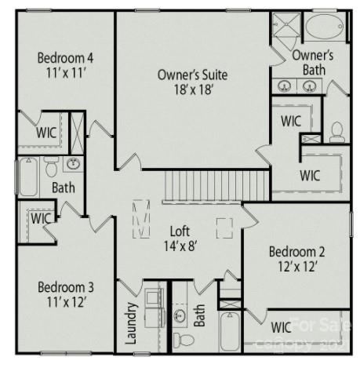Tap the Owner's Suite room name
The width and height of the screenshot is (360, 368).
[x=192, y=75]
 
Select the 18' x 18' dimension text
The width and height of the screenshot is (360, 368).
[x=192, y=89]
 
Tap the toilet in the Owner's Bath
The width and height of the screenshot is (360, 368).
[x=337, y=131]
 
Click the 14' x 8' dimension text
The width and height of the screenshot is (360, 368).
[x=181, y=246]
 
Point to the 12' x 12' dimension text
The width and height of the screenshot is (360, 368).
[x=296, y=267]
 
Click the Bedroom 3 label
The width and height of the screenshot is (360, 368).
[x=66, y=286]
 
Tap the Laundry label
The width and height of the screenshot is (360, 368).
[x=131, y=325]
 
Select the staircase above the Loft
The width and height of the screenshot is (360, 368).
[x=205, y=187]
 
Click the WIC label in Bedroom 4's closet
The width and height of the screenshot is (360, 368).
[x=45, y=133]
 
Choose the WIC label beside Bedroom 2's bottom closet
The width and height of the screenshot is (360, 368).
[x=281, y=326]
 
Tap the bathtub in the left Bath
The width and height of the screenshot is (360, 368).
[x=27, y=177]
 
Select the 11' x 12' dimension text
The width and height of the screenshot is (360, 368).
[x=66, y=302]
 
